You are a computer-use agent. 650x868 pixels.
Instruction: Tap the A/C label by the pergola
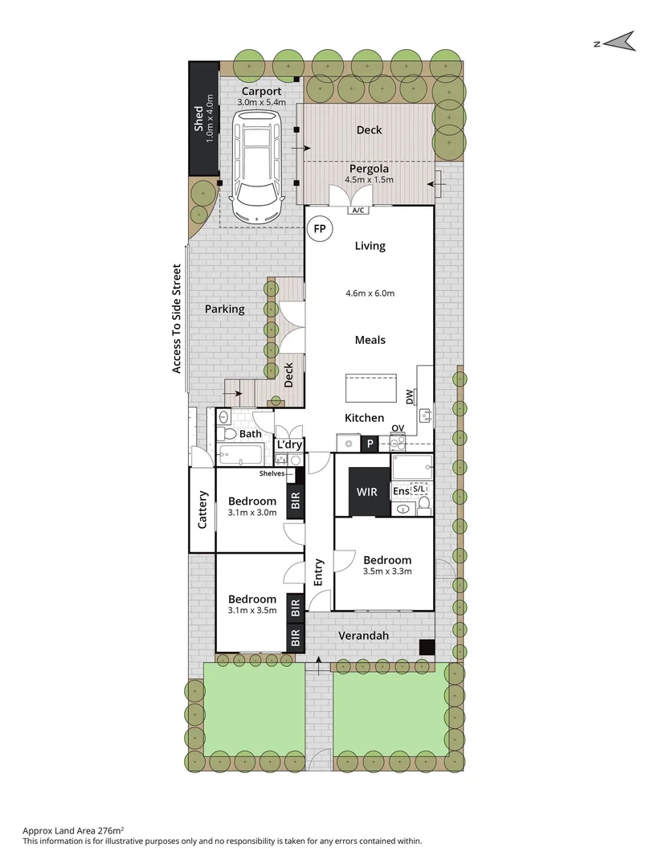pyautogui.click(x=356, y=211)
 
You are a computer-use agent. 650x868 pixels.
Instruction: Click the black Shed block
pyautogui.click(x=203, y=119)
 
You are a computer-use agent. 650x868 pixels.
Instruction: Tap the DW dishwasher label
pyautogui.click(x=410, y=396)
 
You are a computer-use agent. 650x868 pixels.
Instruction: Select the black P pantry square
pyautogui.click(x=371, y=443)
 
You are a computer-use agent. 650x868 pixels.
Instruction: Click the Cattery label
pyautogui.click(x=202, y=510)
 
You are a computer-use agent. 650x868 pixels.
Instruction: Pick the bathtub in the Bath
pyautogui.click(x=239, y=455)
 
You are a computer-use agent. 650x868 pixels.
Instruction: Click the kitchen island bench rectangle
pyautogui.click(x=371, y=389)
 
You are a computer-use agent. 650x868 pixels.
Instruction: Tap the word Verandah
pyautogui.click(x=363, y=636)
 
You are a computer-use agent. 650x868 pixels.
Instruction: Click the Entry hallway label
pyautogui.click(x=319, y=571)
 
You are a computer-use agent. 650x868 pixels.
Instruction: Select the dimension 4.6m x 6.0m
pyautogui.click(x=370, y=293)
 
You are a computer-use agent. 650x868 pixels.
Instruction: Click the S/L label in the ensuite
pyautogui.click(x=419, y=489)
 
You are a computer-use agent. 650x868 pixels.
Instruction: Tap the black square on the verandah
pyautogui.click(x=427, y=646)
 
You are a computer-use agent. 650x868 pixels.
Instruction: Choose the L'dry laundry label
pyautogui.click(x=288, y=444)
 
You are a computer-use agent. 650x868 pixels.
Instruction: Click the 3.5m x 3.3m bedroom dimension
pyautogui.click(x=387, y=572)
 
